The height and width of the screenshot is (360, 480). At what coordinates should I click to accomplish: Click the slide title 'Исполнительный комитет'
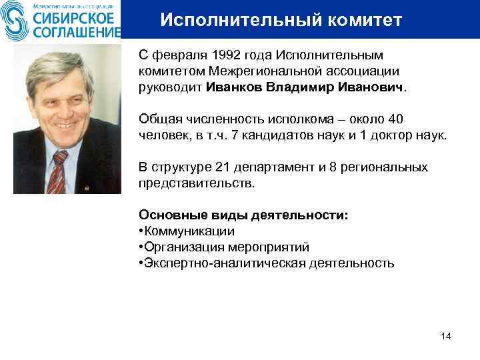tap(281, 21)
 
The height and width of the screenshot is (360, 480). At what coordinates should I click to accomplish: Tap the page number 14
tap(446, 335)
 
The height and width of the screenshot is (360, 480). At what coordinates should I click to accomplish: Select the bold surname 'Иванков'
tap(234, 87)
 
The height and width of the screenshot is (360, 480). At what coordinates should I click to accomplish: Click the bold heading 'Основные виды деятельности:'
tap(243, 215)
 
